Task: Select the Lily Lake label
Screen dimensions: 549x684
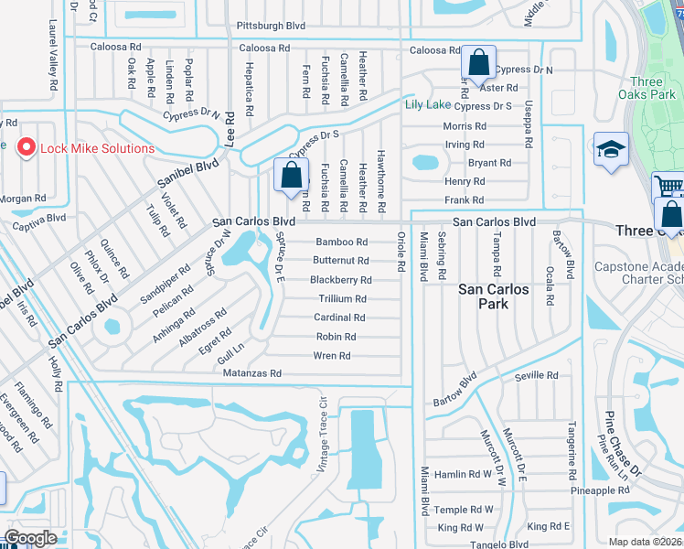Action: [x=428, y=104]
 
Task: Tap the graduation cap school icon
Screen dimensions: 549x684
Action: [x=611, y=150]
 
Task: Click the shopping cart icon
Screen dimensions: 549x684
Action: [x=668, y=188]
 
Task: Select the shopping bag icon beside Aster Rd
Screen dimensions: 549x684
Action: [x=478, y=63]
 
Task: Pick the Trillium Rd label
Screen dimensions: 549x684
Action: [x=342, y=299]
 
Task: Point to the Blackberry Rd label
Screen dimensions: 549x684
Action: [x=340, y=280]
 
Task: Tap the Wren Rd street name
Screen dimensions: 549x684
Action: [x=332, y=356]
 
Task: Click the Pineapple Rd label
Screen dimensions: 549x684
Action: [x=600, y=491]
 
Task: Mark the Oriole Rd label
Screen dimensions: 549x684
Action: [x=401, y=252]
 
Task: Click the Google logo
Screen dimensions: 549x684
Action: [x=32, y=538]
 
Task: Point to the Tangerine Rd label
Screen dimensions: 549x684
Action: [x=572, y=445]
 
